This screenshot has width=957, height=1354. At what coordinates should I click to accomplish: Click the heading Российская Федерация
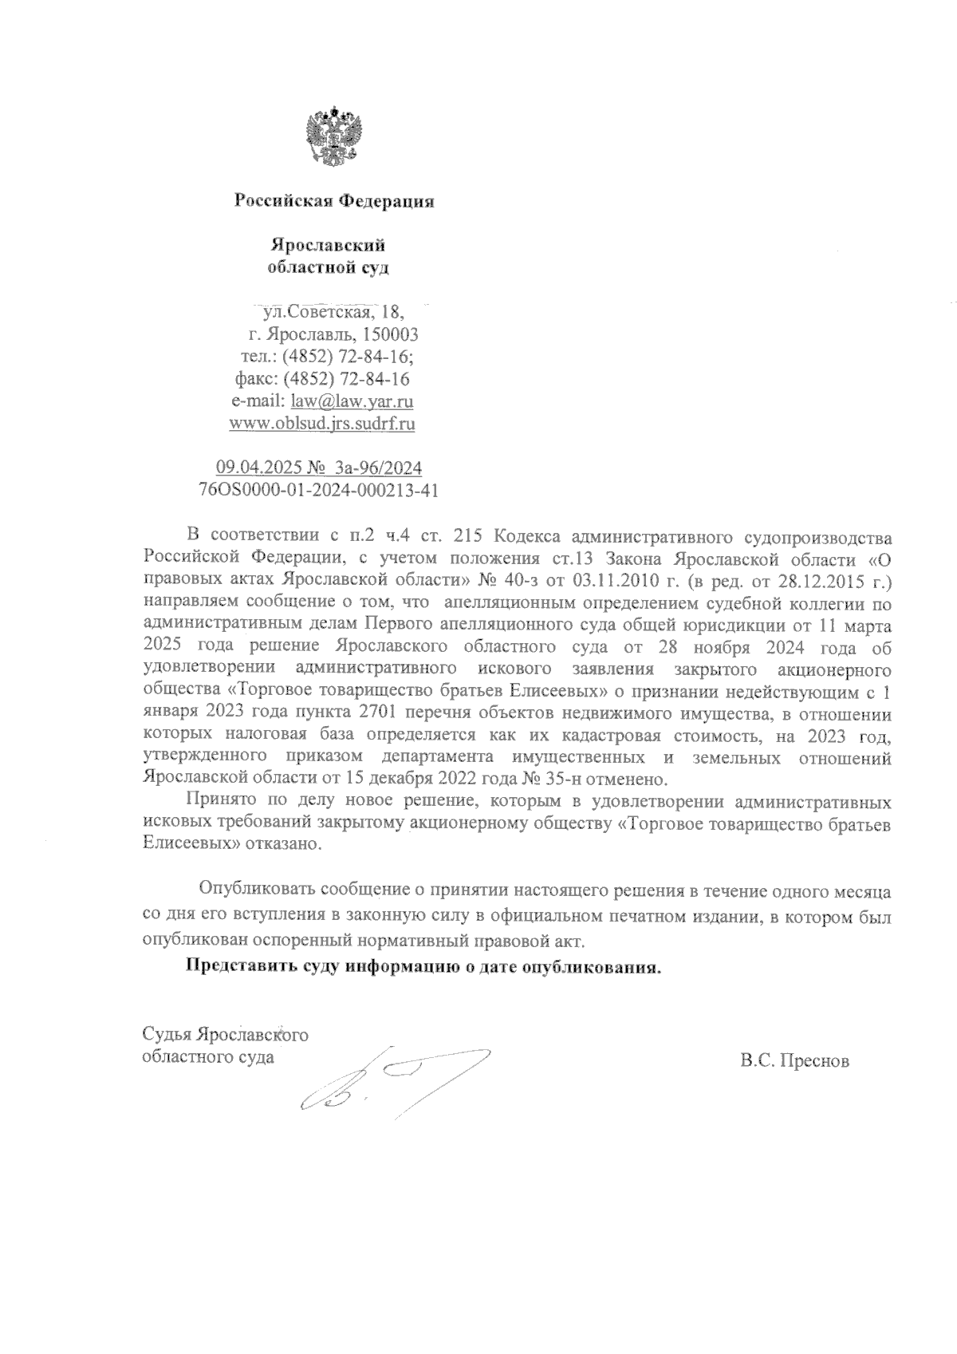click(x=334, y=201)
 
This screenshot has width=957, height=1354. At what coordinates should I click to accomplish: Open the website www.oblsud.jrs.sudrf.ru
click(x=321, y=424)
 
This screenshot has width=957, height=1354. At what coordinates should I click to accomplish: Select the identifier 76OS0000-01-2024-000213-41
click(x=317, y=490)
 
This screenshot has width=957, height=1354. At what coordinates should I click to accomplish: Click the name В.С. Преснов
click(x=794, y=1061)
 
